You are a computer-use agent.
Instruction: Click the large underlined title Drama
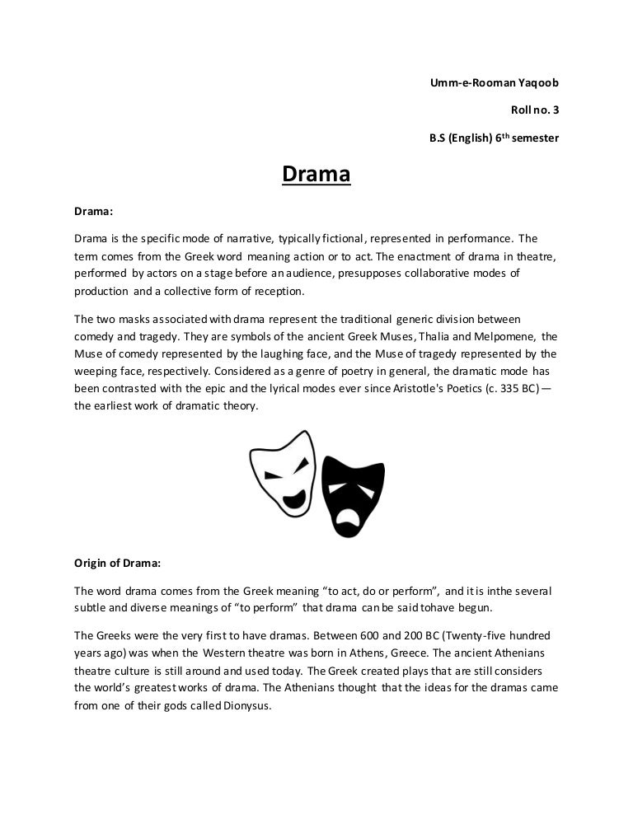coord(316,175)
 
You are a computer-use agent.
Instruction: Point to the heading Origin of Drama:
coord(118,564)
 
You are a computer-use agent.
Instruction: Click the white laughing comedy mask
coord(283,474)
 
